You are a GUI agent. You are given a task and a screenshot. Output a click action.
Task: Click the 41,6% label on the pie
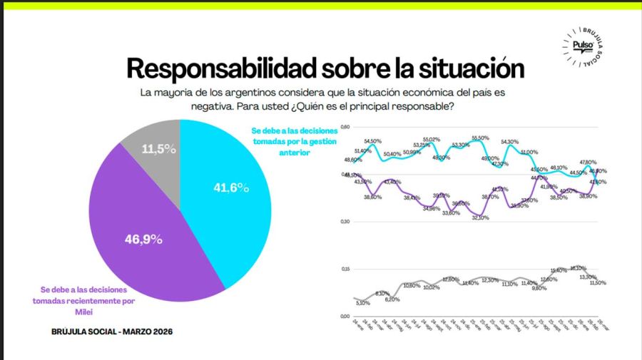[x=231, y=187]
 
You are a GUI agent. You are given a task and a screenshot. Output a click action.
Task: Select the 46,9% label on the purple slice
[x=144, y=240]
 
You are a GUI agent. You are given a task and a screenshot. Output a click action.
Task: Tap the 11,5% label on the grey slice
[x=158, y=149]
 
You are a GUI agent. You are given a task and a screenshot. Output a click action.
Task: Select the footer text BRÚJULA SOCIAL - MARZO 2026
[x=112, y=331]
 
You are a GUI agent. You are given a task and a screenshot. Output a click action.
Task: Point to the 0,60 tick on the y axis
[x=346, y=127]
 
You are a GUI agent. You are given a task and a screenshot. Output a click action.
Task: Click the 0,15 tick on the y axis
[x=346, y=269]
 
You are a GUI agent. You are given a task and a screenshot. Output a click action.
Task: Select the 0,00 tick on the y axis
[x=346, y=316]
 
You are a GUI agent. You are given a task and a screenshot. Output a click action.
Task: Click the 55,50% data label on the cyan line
[x=480, y=138]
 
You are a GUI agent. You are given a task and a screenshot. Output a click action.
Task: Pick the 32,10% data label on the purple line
[x=479, y=217]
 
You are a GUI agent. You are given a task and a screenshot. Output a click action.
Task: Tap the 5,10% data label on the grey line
[x=364, y=303]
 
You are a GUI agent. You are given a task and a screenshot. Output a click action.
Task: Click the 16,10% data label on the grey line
[x=578, y=268]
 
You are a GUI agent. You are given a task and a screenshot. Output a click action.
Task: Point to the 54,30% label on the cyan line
[x=510, y=141]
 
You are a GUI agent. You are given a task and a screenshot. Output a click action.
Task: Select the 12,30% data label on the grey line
[x=490, y=280]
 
